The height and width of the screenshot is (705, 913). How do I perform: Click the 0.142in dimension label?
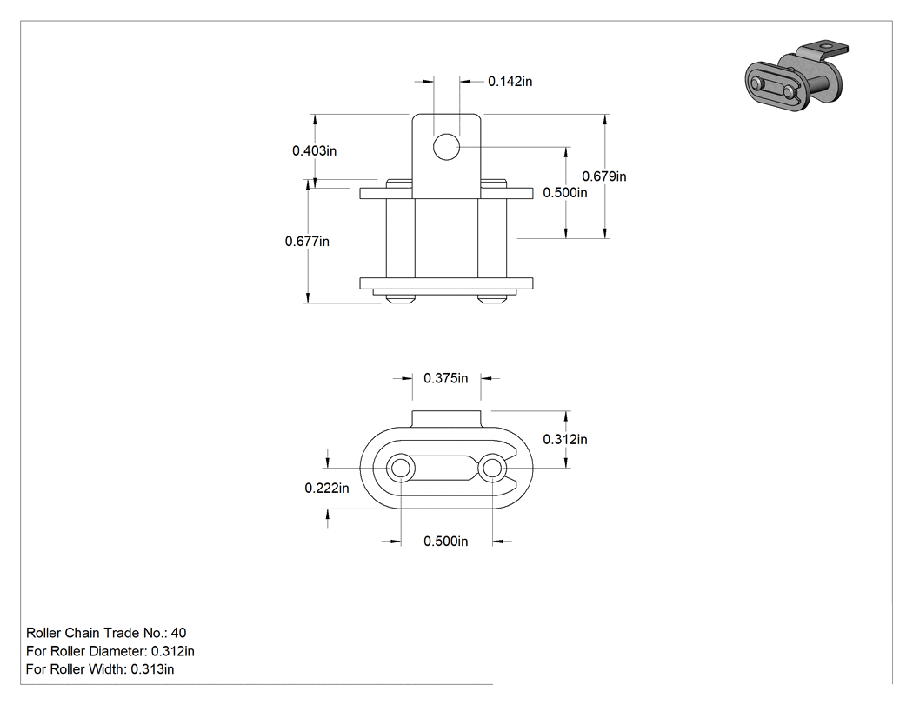(510, 82)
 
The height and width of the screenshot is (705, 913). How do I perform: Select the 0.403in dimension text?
(315, 150)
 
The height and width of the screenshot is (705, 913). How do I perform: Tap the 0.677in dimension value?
(307, 241)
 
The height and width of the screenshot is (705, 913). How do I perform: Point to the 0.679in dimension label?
(604, 176)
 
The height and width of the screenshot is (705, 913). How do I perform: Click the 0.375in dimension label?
(445, 378)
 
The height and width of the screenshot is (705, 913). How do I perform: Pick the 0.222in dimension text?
(327, 488)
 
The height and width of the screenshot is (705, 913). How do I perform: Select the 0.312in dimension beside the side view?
(565, 440)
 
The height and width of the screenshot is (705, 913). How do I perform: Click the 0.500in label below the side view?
(445, 542)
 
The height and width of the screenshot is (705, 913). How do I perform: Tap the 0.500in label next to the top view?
(565, 193)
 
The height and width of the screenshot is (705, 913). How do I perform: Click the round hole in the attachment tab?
(447, 147)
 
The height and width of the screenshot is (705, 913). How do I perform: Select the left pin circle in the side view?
(401, 468)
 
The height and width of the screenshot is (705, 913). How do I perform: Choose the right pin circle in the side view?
(492, 468)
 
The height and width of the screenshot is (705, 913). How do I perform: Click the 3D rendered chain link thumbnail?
(796, 75)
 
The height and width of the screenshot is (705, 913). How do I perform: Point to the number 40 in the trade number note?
(179, 633)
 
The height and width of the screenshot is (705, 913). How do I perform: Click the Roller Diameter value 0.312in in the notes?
(173, 651)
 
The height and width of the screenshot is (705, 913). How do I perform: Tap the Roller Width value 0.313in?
(152, 669)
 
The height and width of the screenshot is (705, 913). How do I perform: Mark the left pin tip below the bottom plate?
(400, 299)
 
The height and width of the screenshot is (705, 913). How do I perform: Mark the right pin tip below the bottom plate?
(492, 299)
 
